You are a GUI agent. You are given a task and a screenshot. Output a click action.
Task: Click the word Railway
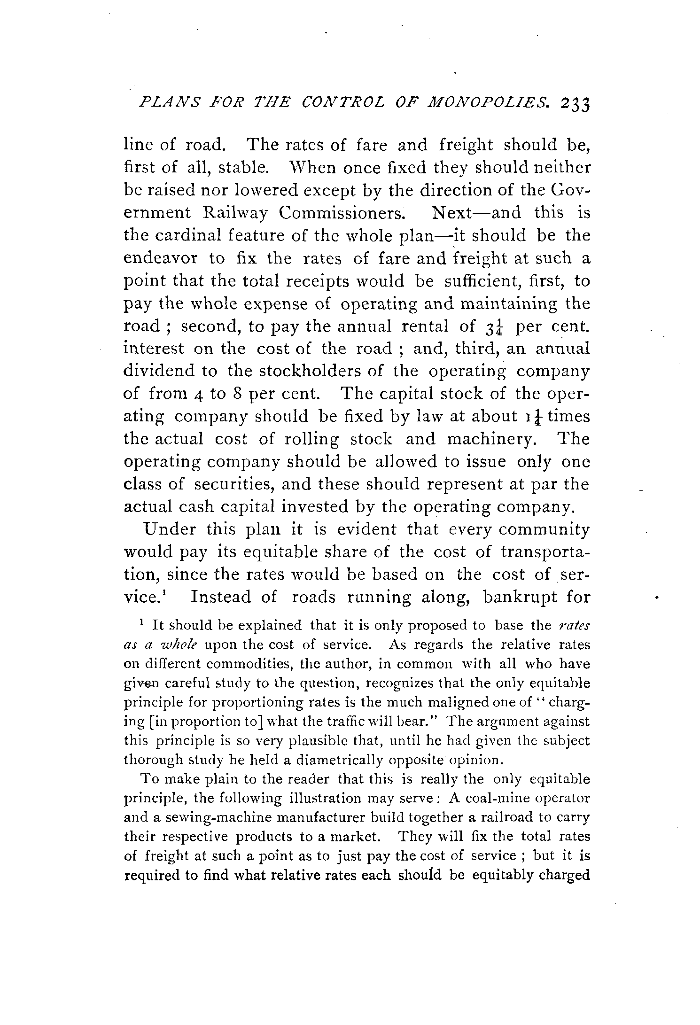tap(236, 213)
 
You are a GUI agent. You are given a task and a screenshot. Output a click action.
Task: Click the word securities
tap(229, 484)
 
